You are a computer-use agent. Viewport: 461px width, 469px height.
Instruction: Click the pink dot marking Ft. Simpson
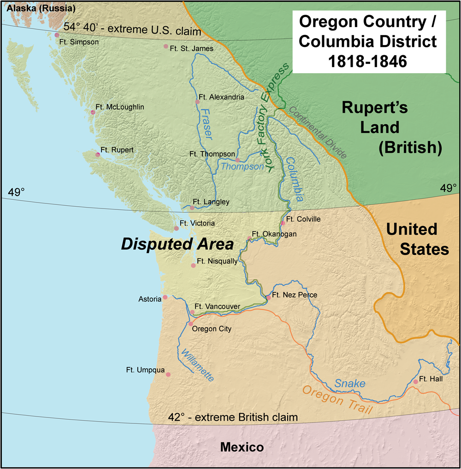click(57, 35)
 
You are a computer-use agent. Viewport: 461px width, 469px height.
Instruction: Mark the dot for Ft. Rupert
click(97, 154)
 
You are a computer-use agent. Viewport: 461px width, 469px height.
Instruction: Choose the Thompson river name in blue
click(242, 167)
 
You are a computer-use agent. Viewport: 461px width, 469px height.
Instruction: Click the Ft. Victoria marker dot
click(176, 228)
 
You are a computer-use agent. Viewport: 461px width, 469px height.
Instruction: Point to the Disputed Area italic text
click(177, 244)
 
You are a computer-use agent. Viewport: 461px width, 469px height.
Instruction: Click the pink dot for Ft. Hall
click(415, 382)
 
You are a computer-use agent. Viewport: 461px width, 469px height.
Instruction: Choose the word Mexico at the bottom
click(242, 447)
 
